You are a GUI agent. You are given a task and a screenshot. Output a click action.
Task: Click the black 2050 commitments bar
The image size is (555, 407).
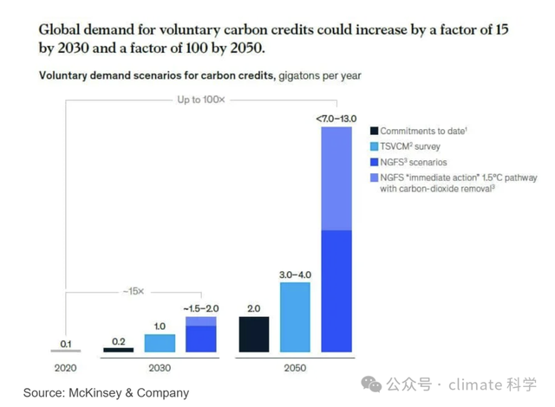253,334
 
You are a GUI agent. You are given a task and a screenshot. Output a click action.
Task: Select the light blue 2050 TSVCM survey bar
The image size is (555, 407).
295,317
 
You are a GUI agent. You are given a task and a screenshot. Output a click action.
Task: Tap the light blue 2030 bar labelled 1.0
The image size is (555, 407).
160,343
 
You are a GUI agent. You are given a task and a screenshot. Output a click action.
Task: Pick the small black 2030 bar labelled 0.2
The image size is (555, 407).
118,350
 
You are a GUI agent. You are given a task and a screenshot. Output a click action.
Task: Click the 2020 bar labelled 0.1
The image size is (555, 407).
66,352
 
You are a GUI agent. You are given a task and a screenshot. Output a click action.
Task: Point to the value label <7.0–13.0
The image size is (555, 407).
336,118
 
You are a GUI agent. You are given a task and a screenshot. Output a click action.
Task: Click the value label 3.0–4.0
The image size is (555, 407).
295,275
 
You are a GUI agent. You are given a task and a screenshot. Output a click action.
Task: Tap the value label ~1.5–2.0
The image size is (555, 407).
201,308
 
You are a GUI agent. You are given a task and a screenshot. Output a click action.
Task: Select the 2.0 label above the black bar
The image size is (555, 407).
253,307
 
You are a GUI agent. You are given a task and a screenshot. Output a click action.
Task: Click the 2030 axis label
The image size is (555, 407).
160,367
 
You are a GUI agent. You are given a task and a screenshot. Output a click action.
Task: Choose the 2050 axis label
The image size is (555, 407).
295,367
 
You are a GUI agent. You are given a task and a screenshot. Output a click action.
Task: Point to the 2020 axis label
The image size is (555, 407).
66,367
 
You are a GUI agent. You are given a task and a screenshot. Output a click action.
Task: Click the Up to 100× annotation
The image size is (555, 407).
201,100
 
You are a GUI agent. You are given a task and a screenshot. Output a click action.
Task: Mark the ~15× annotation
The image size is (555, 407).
133,290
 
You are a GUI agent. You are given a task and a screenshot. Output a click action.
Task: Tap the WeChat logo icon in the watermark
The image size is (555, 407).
372,384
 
